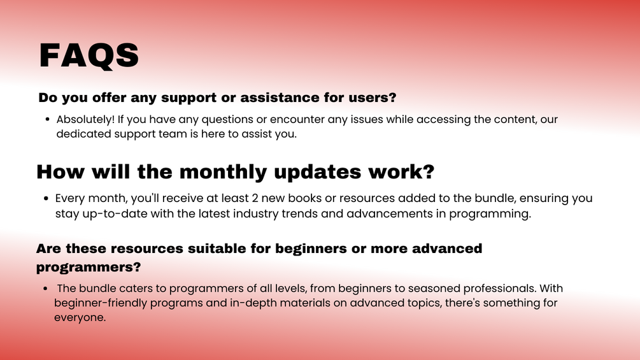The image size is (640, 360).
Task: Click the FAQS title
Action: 89,55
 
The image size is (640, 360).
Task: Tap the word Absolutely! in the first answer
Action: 86,120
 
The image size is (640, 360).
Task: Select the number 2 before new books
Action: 255,198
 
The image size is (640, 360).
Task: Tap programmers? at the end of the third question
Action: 89,268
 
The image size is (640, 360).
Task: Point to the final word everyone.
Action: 80,317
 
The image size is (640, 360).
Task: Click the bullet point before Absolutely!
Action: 47,120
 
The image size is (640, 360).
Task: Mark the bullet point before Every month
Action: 46,199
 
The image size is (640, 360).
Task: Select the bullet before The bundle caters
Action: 45,289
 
